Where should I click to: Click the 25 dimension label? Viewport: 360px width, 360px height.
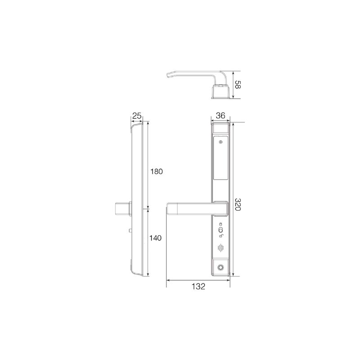[137, 116]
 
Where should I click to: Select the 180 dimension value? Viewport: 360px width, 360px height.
[156, 171]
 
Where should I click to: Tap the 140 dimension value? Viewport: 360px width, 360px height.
[155, 238]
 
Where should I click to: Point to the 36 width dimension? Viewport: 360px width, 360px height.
[220, 116]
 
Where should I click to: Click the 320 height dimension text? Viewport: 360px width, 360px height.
[238, 204]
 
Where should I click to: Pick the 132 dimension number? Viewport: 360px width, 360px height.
[198, 286]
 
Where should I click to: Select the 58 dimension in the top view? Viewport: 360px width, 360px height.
[238, 85]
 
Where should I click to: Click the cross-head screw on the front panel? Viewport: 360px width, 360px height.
[221, 142]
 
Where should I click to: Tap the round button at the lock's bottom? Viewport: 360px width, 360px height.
[221, 267]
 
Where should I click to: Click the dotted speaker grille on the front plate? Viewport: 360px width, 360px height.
[220, 247]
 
